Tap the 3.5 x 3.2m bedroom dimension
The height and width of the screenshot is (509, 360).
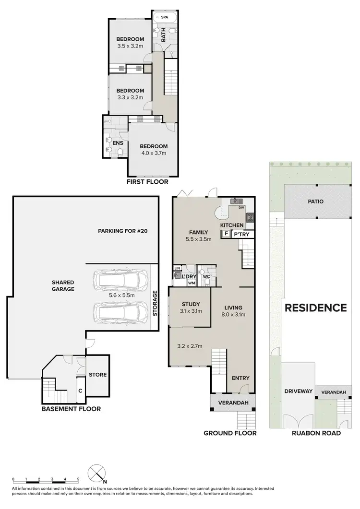tap(130, 47)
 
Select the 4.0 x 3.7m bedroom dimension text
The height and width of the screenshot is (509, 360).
tap(153, 154)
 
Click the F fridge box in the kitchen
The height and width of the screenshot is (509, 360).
tap(225, 234)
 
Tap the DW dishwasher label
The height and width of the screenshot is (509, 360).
tap(241, 208)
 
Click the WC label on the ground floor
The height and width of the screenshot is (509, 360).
tap(207, 277)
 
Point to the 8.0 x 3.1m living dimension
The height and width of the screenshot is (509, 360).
tap(233, 315)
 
